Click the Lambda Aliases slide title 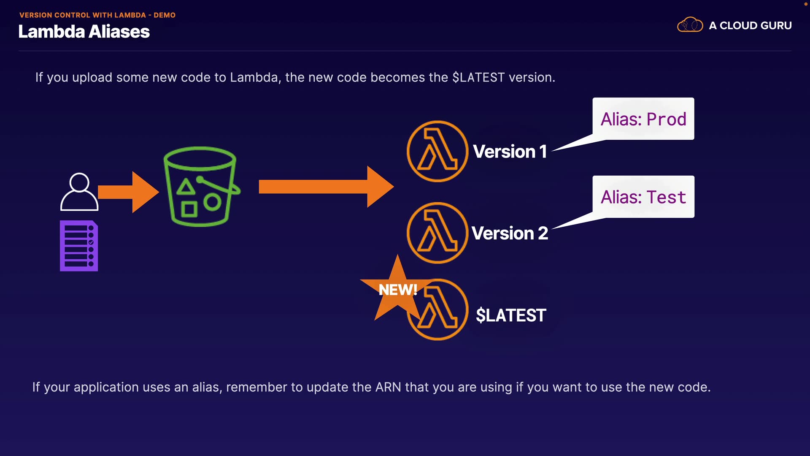pyautogui.click(x=84, y=32)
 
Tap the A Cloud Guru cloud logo pyautogui.click(x=690, y=25)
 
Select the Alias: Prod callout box pyautogui.click(x=643, y=119)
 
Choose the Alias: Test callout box pyautogui.click(x=643, y=197)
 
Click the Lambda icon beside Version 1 pyautogui.click(x=437, y=151)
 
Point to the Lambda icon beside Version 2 pyautogui.click(x=437, y=233)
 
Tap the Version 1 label pyautogui.click(x=510, y=152)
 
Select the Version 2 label pyautogui.click(x=510, y=233)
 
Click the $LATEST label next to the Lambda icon pyautogui.click(x=511, y=315)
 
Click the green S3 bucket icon pyautogui.click(x=201, y=187)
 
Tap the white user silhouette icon pyautogui.click(x=79, y=192)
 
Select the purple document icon pyautogui.click(x=79, y=246)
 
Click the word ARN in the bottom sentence pyautogui.click(x=388, y=387)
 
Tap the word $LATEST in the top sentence pyautogui.click(x=478, y=78)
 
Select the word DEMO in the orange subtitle pyautogui.click(x=165, y=15)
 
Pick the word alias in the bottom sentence pyautogui.click(x=207, y=387)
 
